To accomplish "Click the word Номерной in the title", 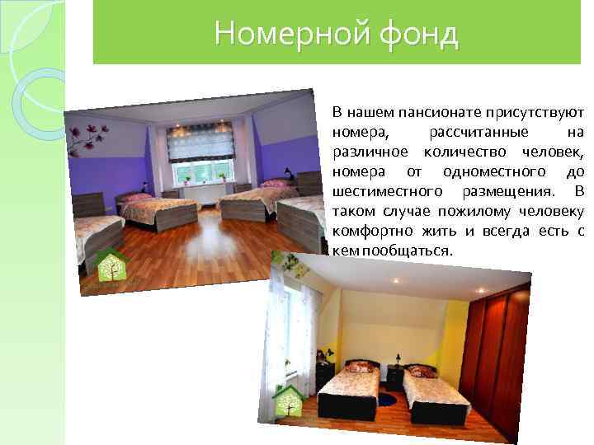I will (271, 34).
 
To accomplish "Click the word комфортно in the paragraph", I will (366, 231).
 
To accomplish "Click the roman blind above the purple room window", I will (200, 141).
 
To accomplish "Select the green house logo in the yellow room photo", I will (289, 400).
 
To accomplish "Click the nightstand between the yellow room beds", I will (395, 377).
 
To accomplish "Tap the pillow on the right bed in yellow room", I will (422, 372).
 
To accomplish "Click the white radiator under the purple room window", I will (203, 190).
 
